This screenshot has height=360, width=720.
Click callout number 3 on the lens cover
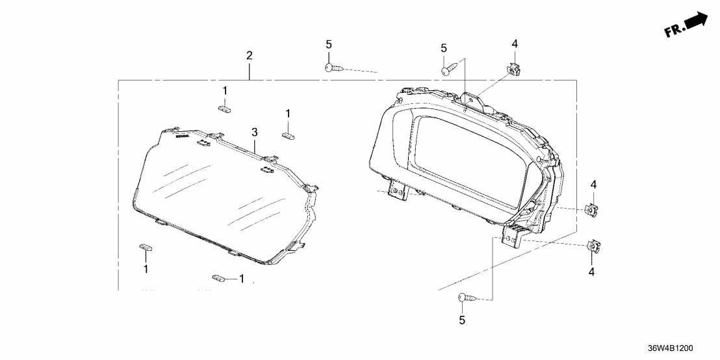(x=255, y=132)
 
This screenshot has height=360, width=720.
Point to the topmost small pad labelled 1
(x=225, y=109)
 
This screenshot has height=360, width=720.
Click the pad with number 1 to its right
(x=221, y=278)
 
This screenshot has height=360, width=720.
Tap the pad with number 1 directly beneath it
(x=146, y=247)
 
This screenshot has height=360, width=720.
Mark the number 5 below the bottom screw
(x=463, y=320)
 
